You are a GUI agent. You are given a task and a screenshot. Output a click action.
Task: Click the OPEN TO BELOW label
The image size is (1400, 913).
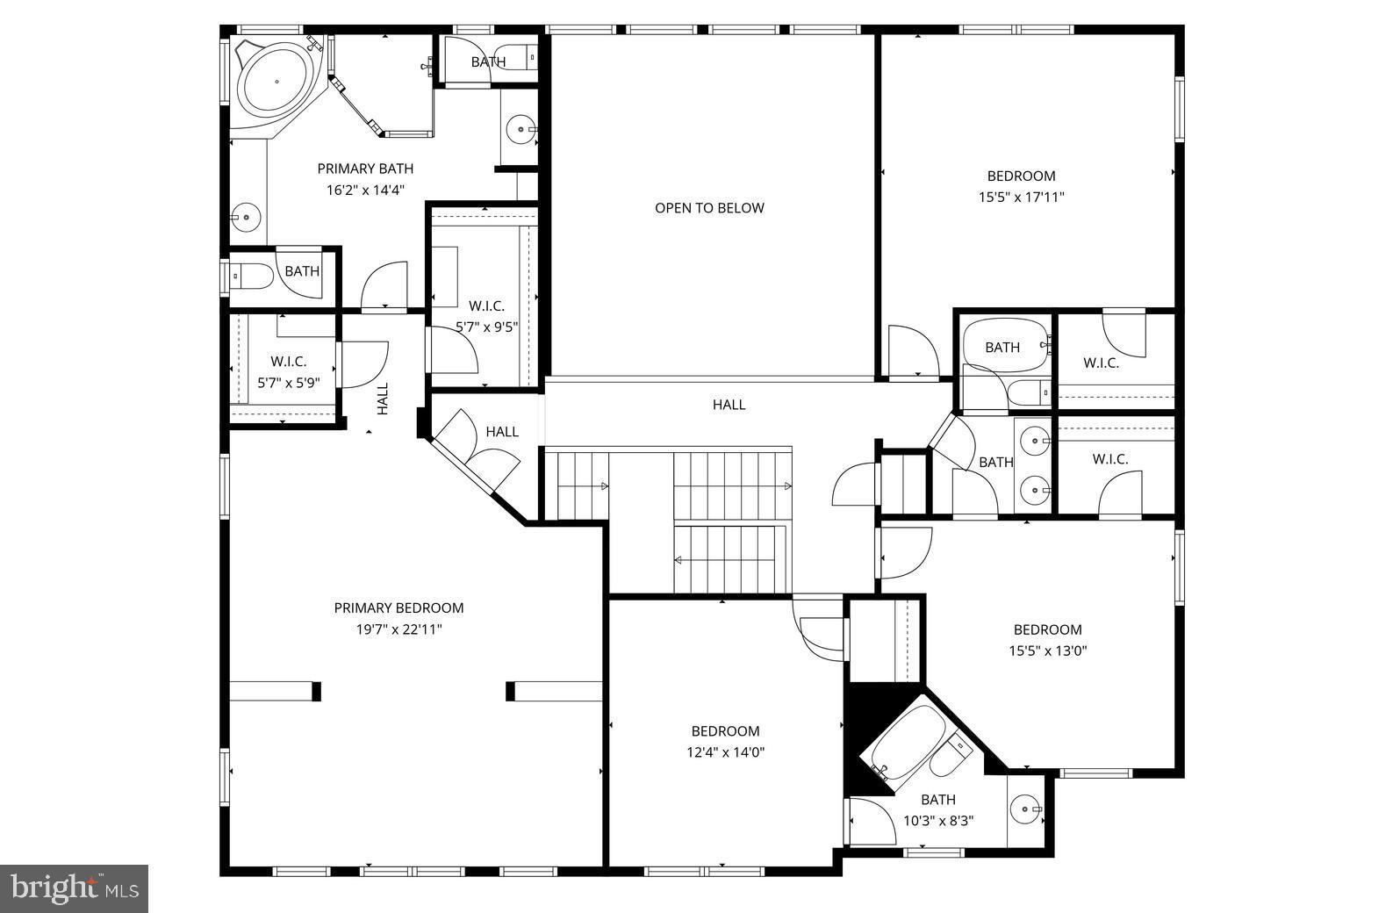click(709, 208)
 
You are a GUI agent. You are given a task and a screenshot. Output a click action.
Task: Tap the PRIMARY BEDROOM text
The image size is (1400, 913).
click(398, 607)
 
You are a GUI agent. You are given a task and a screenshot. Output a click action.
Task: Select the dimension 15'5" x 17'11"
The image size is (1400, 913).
click(1021, 198)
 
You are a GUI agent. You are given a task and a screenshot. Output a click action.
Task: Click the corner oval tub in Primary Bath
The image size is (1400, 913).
click(276, 82)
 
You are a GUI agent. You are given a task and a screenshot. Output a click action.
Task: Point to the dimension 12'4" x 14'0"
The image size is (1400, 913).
click(725, 752)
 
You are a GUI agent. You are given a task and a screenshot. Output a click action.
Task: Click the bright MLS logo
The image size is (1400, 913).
click(74, 888)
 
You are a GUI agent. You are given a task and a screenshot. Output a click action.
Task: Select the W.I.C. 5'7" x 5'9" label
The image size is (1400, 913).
click(288, 372)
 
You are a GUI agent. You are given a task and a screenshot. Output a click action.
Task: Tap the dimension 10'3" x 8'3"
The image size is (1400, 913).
click(938, 822)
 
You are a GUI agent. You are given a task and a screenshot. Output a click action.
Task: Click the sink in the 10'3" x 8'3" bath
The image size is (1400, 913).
click(1025, 809)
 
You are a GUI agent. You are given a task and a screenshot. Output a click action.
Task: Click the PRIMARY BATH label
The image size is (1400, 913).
click(365, 169)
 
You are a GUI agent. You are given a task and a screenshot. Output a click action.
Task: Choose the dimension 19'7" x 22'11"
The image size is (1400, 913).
click(398, 629)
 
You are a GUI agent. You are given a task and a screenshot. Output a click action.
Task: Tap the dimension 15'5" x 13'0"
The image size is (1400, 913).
click(1047, 651)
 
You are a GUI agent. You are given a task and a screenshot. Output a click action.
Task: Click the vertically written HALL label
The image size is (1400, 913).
click(383, 399)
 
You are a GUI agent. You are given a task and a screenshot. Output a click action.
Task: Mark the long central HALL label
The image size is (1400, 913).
click(729, 405)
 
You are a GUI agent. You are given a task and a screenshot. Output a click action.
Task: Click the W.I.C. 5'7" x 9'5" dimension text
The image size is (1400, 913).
click(486, 327)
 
